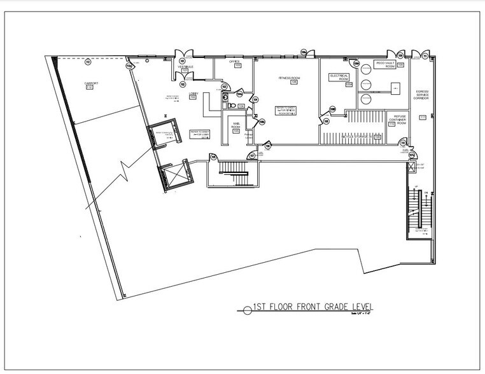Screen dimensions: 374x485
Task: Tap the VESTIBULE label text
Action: [185, 67]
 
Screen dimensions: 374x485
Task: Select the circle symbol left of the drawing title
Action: [248, 310]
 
